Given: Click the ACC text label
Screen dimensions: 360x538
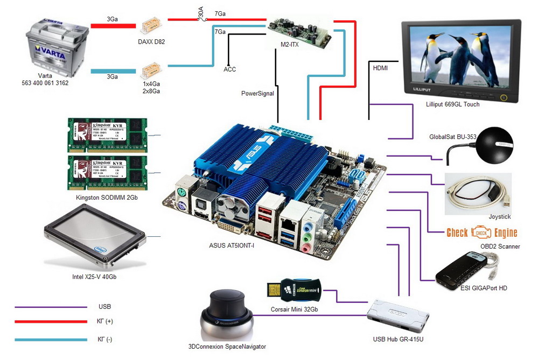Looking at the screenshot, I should coord(230,69).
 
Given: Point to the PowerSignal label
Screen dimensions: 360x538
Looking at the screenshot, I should coord(257,94).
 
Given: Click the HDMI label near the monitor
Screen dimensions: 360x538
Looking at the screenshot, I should coord(380,68).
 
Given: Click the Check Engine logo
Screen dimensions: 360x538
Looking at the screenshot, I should coord(481,232).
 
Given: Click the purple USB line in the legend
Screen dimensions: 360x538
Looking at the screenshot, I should coord(51,307).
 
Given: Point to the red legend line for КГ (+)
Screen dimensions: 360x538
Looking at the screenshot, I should coord(51,322).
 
